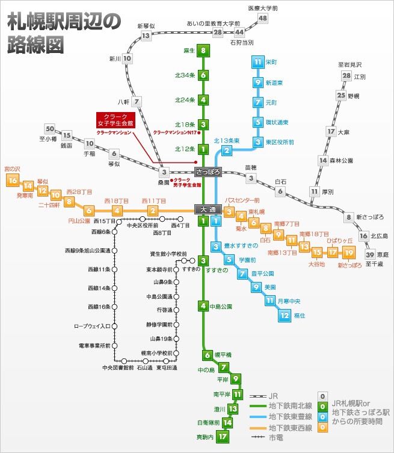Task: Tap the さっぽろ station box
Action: click(208, 172)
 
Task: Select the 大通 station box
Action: click(209, 209)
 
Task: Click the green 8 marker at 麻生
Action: click(204, 51)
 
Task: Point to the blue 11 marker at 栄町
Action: click(257, 62)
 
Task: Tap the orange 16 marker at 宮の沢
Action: click(12, 180)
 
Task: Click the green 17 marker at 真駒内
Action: click(224, 436)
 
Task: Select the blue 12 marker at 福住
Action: click(284, 314)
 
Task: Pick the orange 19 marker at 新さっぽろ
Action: click(349, 251)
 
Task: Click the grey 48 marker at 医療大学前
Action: click(262, 18)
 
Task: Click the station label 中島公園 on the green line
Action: click(221, 306)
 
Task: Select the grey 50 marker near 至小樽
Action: click(50, 129)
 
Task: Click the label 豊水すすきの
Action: click(241, 246)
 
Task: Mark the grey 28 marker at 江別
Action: click(346, 75)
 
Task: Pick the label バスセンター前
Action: click(242, 200)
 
